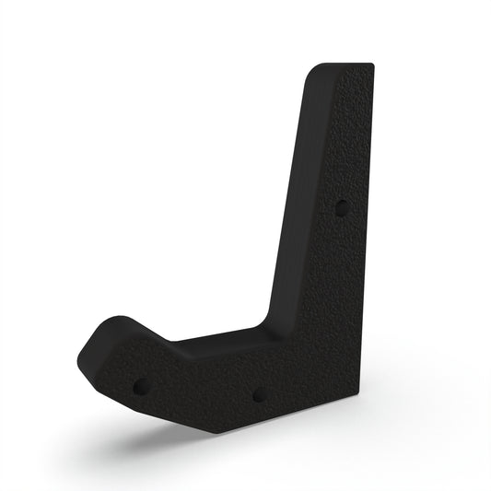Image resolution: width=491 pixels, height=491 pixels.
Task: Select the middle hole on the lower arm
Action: tap(260, 394)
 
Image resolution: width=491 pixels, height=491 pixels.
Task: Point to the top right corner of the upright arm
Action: tap(373, 64)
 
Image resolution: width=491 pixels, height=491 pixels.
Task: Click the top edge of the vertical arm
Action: tap(345, 65)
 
